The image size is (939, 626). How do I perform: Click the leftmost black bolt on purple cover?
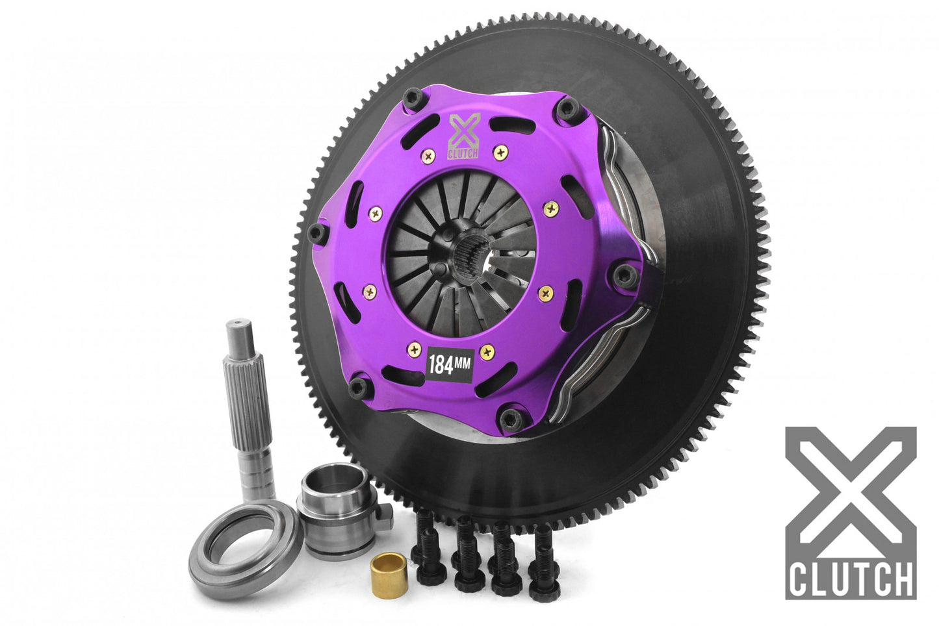coord(316,231)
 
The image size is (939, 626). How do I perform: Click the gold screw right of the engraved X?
coord(500,153)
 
